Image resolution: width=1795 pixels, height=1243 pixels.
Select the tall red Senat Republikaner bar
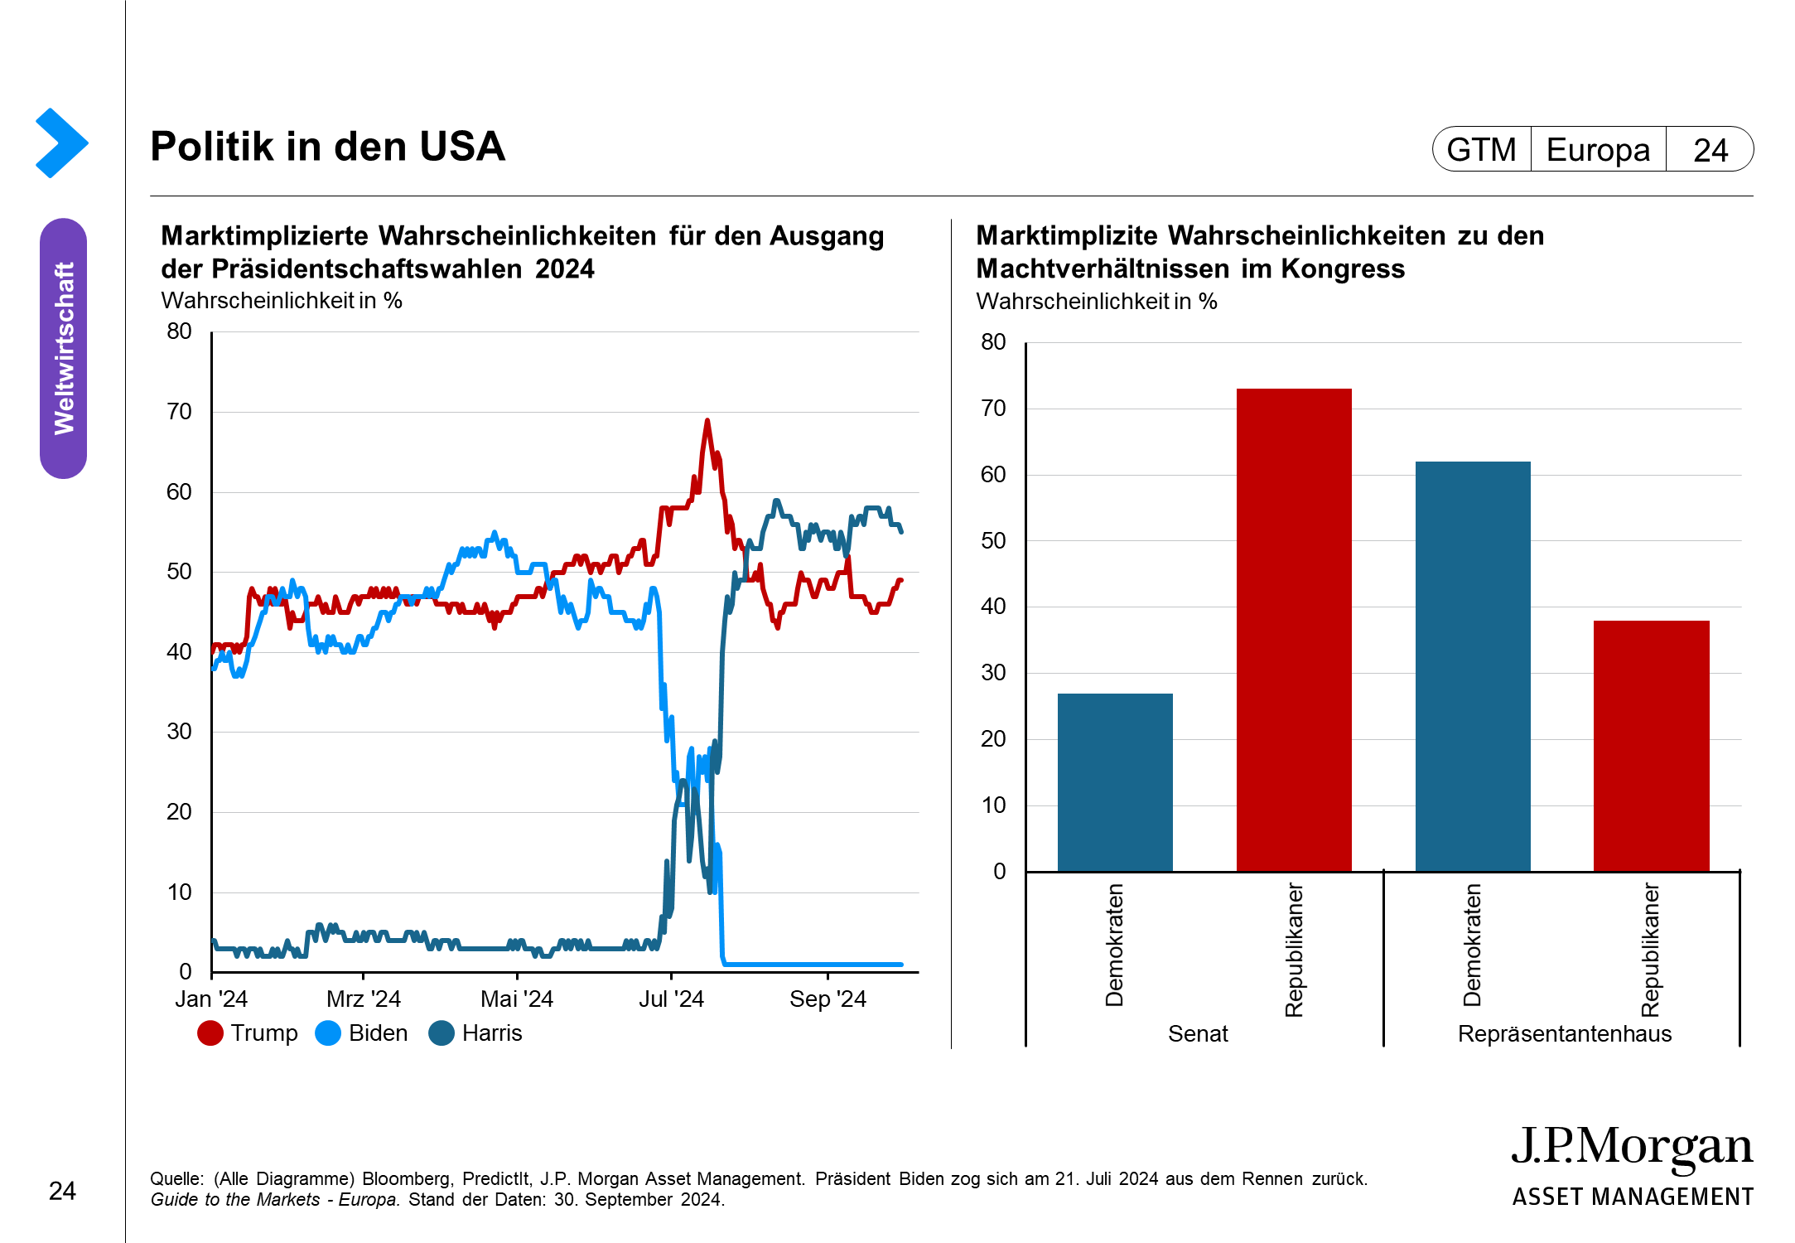click(1293, 630)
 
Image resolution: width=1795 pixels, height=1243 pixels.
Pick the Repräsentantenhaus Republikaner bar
click(1651, 745)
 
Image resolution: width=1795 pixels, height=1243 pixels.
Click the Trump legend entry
click(248, 1033)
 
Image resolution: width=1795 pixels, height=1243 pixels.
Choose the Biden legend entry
click(362, 1033)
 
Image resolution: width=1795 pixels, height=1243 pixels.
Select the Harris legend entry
click(475, 1033)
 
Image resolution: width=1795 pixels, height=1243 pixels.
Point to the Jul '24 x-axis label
click(671, 999)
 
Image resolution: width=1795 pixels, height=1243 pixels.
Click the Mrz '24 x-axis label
click(364, 999)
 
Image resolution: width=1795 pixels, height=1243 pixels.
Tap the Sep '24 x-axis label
click(828, 999)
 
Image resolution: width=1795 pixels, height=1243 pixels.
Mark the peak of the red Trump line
click(707, 421)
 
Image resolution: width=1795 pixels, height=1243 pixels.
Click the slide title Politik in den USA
click(327, 147)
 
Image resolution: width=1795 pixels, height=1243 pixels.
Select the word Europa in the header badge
click(1598, 150)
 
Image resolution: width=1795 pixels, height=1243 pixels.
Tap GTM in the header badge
click(1481, 150)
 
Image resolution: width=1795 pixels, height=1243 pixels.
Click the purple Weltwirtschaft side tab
click(64, 348)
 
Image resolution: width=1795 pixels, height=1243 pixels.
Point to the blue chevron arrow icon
click(61, 143)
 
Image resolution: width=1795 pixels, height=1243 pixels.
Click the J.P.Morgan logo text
click(1632, 1148)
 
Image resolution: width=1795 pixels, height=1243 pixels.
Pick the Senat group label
click(1198, 1034)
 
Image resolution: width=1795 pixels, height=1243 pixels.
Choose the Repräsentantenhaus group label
click(1565, 1034)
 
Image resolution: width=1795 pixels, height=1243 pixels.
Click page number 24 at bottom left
click(62, 1192)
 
